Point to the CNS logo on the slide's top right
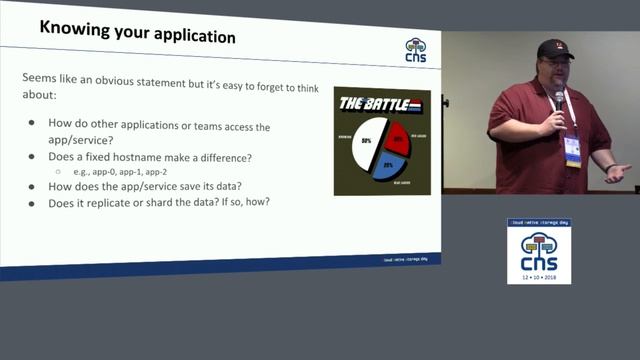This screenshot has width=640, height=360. click(x=415, y=50)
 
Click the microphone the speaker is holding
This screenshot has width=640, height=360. click(x=559, y=99)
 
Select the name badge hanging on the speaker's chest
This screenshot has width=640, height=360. click(x=572, y=150)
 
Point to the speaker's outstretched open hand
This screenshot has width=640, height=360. click(x=618, y=172)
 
